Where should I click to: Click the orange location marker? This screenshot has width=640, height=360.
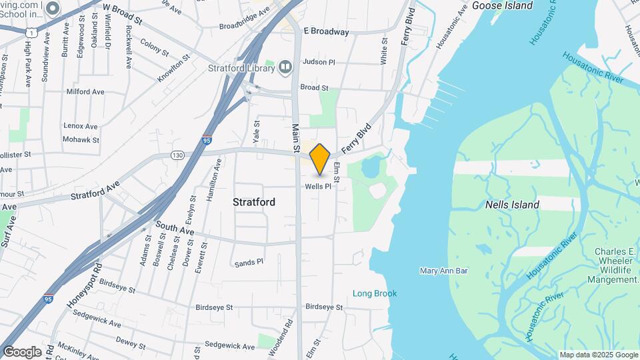320,159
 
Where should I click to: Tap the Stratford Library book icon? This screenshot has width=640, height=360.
285,67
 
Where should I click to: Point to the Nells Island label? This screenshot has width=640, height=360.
512,205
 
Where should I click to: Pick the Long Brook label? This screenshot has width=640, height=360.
375,293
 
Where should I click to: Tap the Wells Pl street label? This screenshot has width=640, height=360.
318,187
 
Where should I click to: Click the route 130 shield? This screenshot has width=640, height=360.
177,155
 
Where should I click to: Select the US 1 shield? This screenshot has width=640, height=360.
31,31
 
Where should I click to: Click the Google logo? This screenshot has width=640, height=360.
21,351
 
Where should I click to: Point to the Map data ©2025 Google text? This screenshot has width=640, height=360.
598,355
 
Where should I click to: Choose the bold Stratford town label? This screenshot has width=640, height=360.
254,201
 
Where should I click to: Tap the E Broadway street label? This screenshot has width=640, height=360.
326,31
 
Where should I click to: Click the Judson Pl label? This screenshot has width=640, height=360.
318,62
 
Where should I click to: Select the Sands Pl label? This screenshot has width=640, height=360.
249,263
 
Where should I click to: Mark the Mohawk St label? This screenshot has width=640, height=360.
81,140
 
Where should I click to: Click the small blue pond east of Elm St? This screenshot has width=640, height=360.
371,168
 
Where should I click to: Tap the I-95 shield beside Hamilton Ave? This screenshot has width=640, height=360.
207,141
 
